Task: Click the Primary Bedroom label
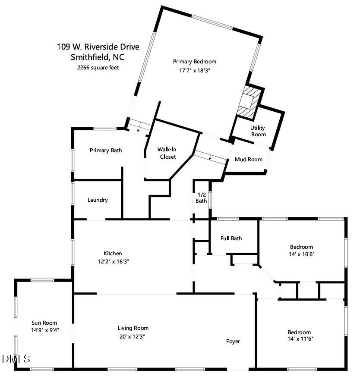coord(194,62)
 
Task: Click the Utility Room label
coord(258,131)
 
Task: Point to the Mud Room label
coord(248,160)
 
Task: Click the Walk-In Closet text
coord(168,153)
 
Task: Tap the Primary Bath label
coord(106,150)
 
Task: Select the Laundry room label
coord(98,200)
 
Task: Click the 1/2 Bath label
coord(201,197)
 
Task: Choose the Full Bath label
coord(231,238)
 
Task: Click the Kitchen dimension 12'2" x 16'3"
coord(113,261)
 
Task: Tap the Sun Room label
coord(44,323)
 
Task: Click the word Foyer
coord(233,342)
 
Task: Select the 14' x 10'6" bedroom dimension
coord(301,254)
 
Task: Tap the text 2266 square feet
coord(98,67)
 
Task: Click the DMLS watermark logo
coord(16,359)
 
